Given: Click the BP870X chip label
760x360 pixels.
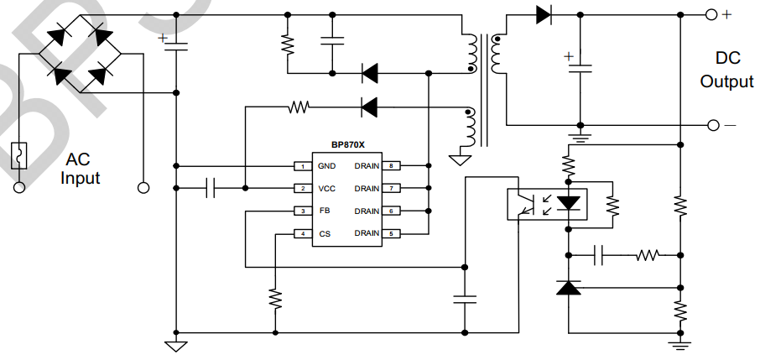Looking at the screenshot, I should (x=347, y=144).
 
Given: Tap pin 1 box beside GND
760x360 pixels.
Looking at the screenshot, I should (x=302, y=166).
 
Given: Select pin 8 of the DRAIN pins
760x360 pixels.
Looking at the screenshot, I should (x=391, y=166).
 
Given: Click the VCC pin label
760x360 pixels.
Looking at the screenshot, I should (x=326, y=189).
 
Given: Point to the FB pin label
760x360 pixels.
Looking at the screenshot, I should (x=323, y=211).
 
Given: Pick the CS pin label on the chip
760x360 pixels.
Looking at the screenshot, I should (x=323, y=234).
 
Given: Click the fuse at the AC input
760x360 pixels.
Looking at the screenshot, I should (x=18, y=156).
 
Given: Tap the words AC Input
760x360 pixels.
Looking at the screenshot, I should (x=81, y=170).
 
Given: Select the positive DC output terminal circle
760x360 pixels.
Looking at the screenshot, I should (x=712, y=14).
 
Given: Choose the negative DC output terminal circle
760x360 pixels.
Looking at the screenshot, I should (x=712, y=125).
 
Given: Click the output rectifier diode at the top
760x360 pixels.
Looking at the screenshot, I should (x=544, y=14).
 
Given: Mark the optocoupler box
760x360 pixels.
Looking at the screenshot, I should (x=546, y=204).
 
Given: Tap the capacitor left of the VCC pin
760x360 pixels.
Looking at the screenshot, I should (x=211, y=189).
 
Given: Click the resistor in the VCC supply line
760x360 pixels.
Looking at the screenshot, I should (x=299, y=107).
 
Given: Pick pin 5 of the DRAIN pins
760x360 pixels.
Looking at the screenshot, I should (x=391, y=234).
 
